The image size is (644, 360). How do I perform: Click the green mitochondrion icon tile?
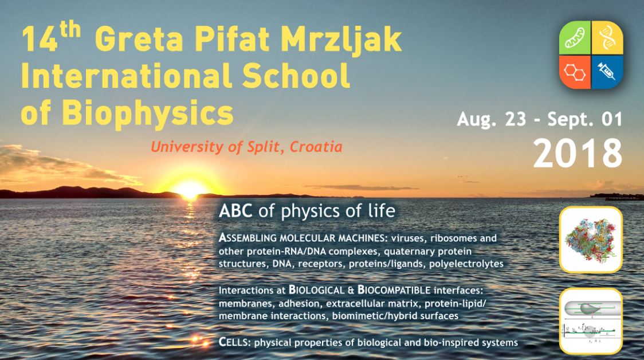point(575,38)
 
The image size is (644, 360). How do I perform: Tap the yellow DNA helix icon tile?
point(607,38)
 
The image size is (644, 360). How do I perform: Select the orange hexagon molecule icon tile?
point(575,72)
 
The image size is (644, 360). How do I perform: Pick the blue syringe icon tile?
point(607,72)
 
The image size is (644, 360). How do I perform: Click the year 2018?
point(578,153)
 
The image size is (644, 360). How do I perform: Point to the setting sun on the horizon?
point(190,189)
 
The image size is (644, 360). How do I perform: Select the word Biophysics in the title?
point(147,114)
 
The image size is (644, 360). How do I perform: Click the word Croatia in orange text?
point(316,147)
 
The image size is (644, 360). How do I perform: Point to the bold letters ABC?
point(235,211)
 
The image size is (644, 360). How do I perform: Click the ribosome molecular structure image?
point(591,240)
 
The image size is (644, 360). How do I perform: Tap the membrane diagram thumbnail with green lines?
point(591,321)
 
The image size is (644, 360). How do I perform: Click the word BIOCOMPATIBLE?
point(394,290)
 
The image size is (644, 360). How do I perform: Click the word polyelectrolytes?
point(466,264)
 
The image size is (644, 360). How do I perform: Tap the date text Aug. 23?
point(491,120)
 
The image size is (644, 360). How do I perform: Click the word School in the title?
point(296,76)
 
